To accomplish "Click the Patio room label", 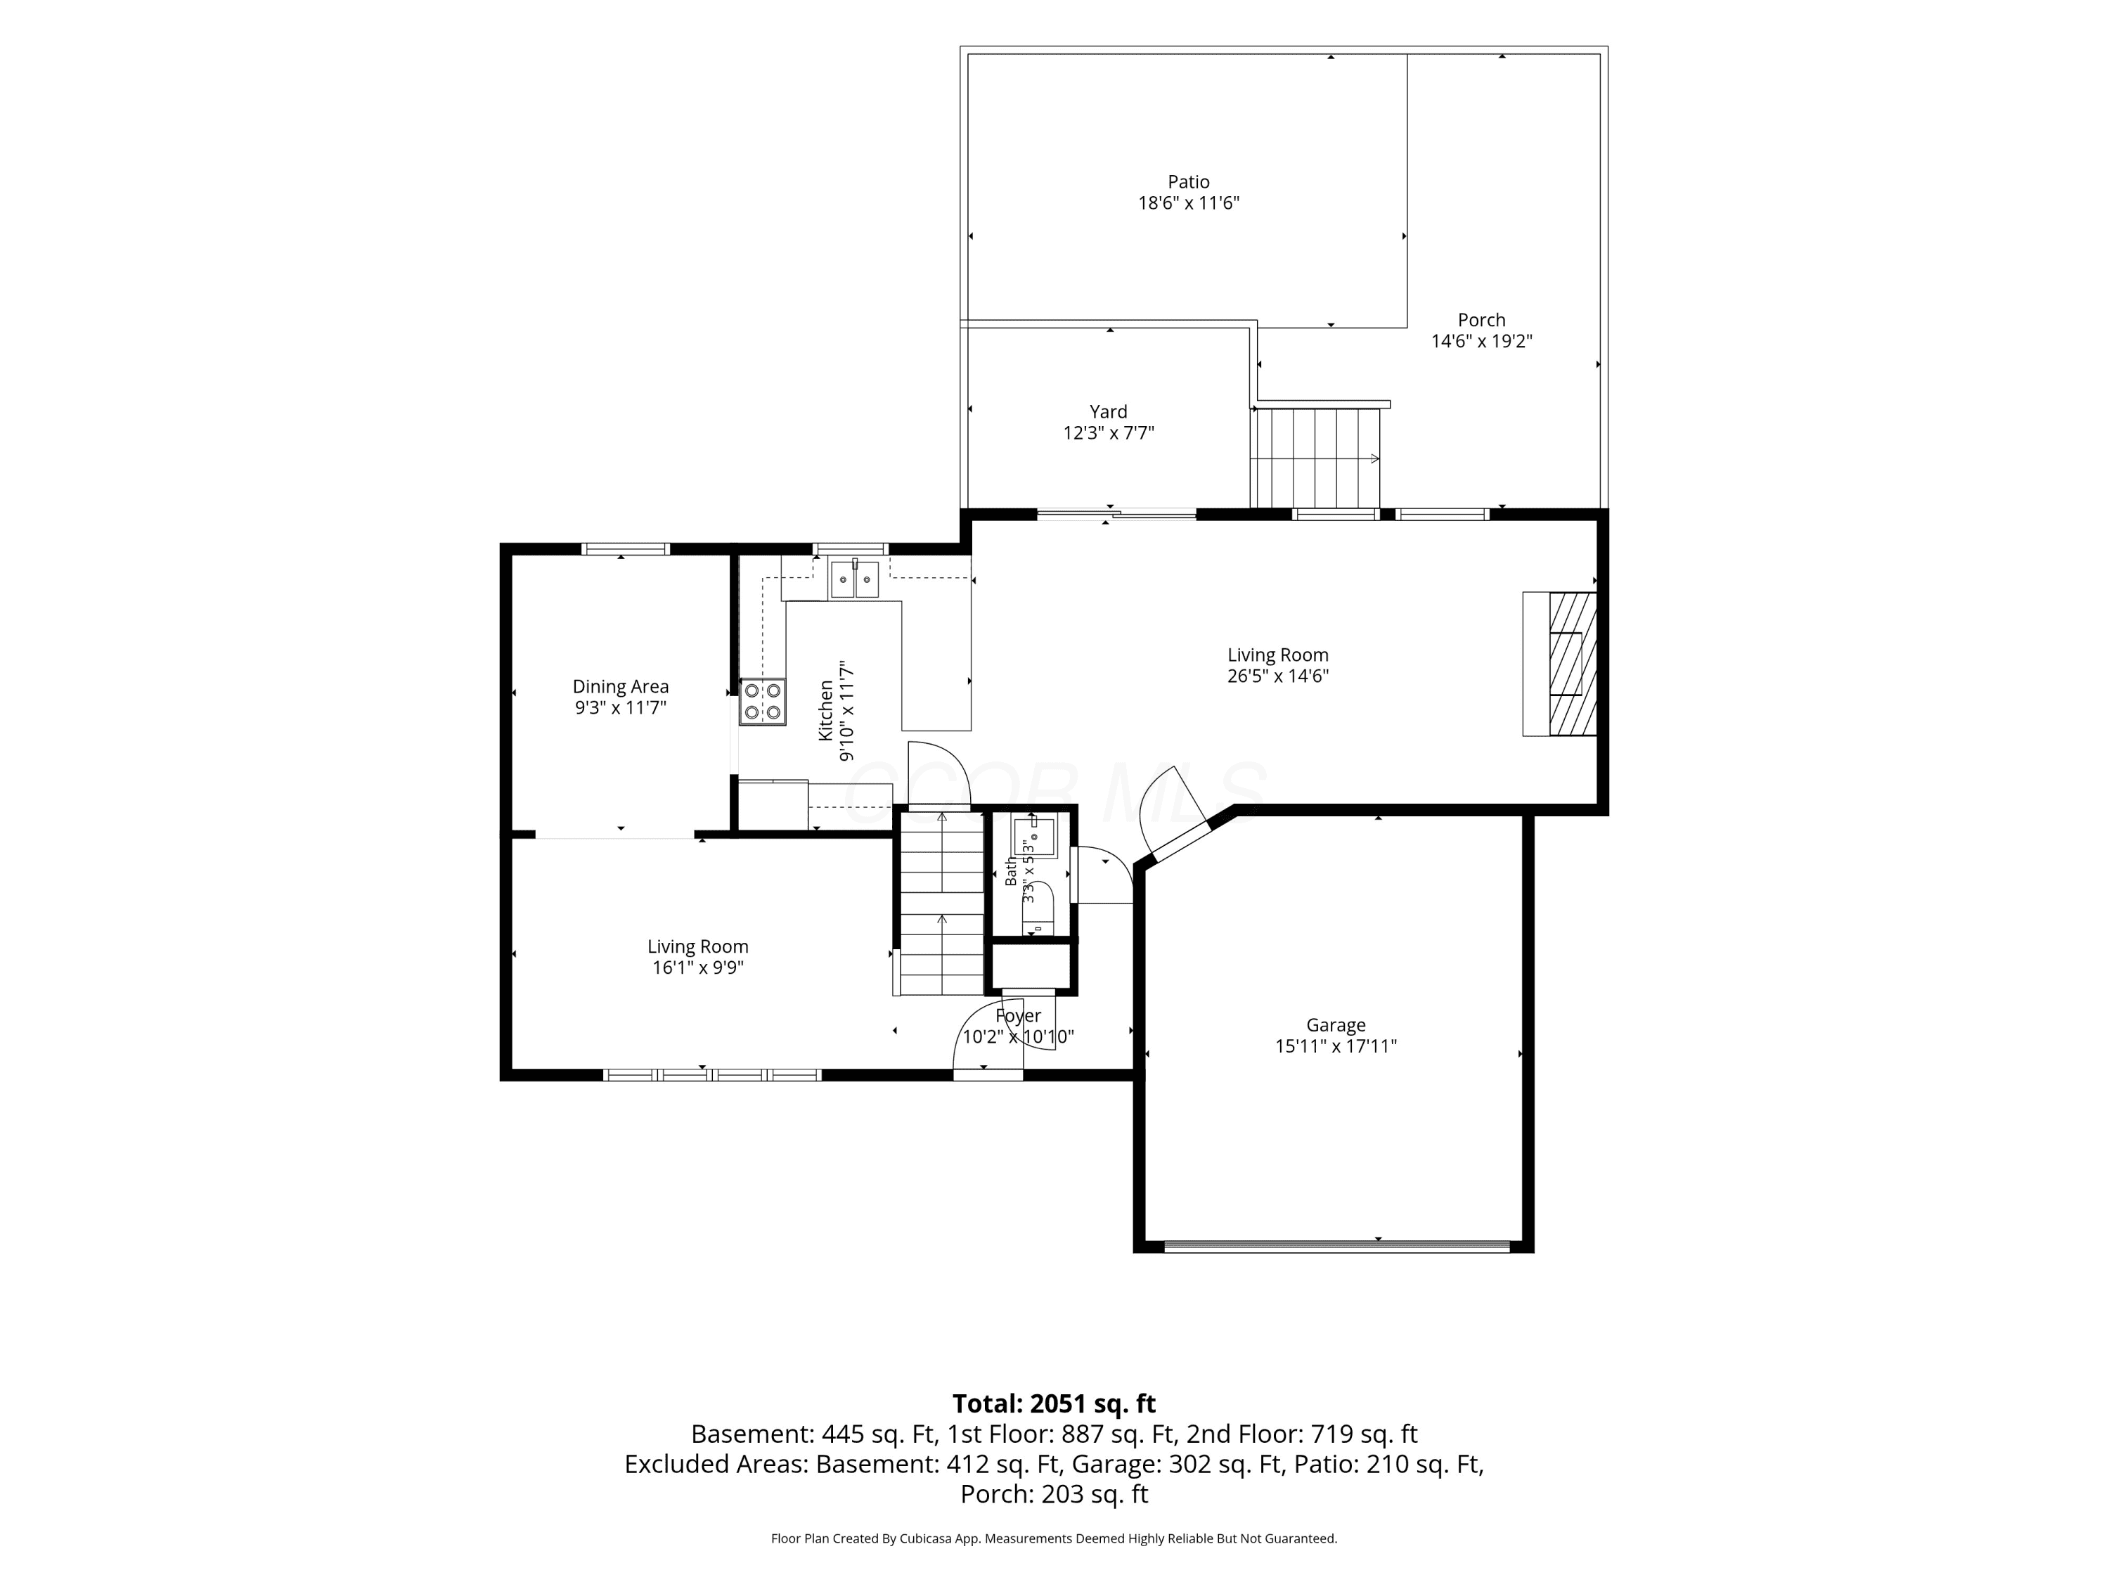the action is pyautogui.click(x=1189, y=181).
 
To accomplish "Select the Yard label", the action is pyautogui.click(x=1108, y=412).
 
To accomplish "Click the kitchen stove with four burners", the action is pyautogui.click(x=763, y=702).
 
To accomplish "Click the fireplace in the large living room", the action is pyautogui.click(x=1559, y=664).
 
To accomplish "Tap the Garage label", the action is pyautogui.click(x=1336, y=1025).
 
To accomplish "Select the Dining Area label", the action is pyautogui.click(x=621, y=686).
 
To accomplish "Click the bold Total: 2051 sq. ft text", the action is pyautogui.click(x=1054, y=1403).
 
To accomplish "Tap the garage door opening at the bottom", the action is pyautogui.click(x=1336, y=1245).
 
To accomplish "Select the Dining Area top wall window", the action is pyautogui.click(x=626, y=548).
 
